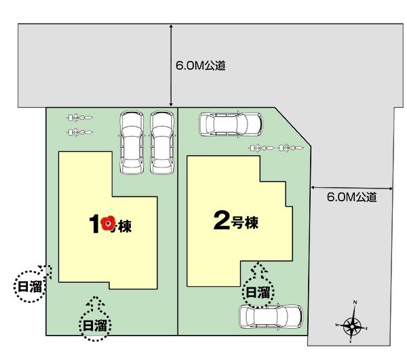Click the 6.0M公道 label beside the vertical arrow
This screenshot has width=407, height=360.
200,66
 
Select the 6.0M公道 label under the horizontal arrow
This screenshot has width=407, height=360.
351,197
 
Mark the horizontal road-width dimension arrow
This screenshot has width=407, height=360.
351,187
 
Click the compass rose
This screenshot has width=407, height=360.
352,326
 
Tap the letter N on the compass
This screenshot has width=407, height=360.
355,303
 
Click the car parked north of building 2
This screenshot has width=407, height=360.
231,124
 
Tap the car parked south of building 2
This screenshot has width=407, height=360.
270,317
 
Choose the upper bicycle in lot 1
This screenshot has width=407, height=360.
79,117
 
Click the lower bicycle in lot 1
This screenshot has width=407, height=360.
79,129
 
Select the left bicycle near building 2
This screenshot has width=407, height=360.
261,146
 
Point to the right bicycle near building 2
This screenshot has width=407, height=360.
290,146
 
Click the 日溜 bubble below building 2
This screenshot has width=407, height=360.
258,292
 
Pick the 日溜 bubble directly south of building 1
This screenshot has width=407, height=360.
95,325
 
